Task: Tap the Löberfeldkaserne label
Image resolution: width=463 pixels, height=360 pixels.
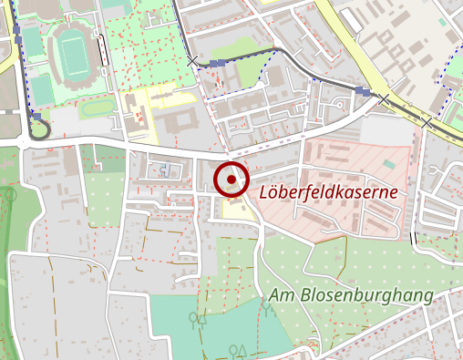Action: tap(328, 192)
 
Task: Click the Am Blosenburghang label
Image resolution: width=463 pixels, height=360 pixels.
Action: tap(351, 296)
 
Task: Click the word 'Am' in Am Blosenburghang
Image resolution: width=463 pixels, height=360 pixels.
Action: tap(281, 296)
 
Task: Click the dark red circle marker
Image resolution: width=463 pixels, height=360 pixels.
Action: tap(231, 179)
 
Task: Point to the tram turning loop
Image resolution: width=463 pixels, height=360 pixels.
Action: tap(36, 128)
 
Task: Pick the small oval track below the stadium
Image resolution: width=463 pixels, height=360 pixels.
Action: tap(97, 108)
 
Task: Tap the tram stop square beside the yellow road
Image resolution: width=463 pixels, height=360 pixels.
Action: tap(364, 92)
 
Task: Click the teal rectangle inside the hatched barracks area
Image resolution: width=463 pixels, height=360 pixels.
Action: tap(389, 164)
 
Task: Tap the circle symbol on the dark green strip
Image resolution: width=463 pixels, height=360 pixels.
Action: tap(9, 193)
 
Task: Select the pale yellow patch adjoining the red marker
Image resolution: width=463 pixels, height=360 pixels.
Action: tap(235, 209)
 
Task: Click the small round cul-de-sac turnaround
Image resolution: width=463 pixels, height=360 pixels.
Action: tap(164, 170)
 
